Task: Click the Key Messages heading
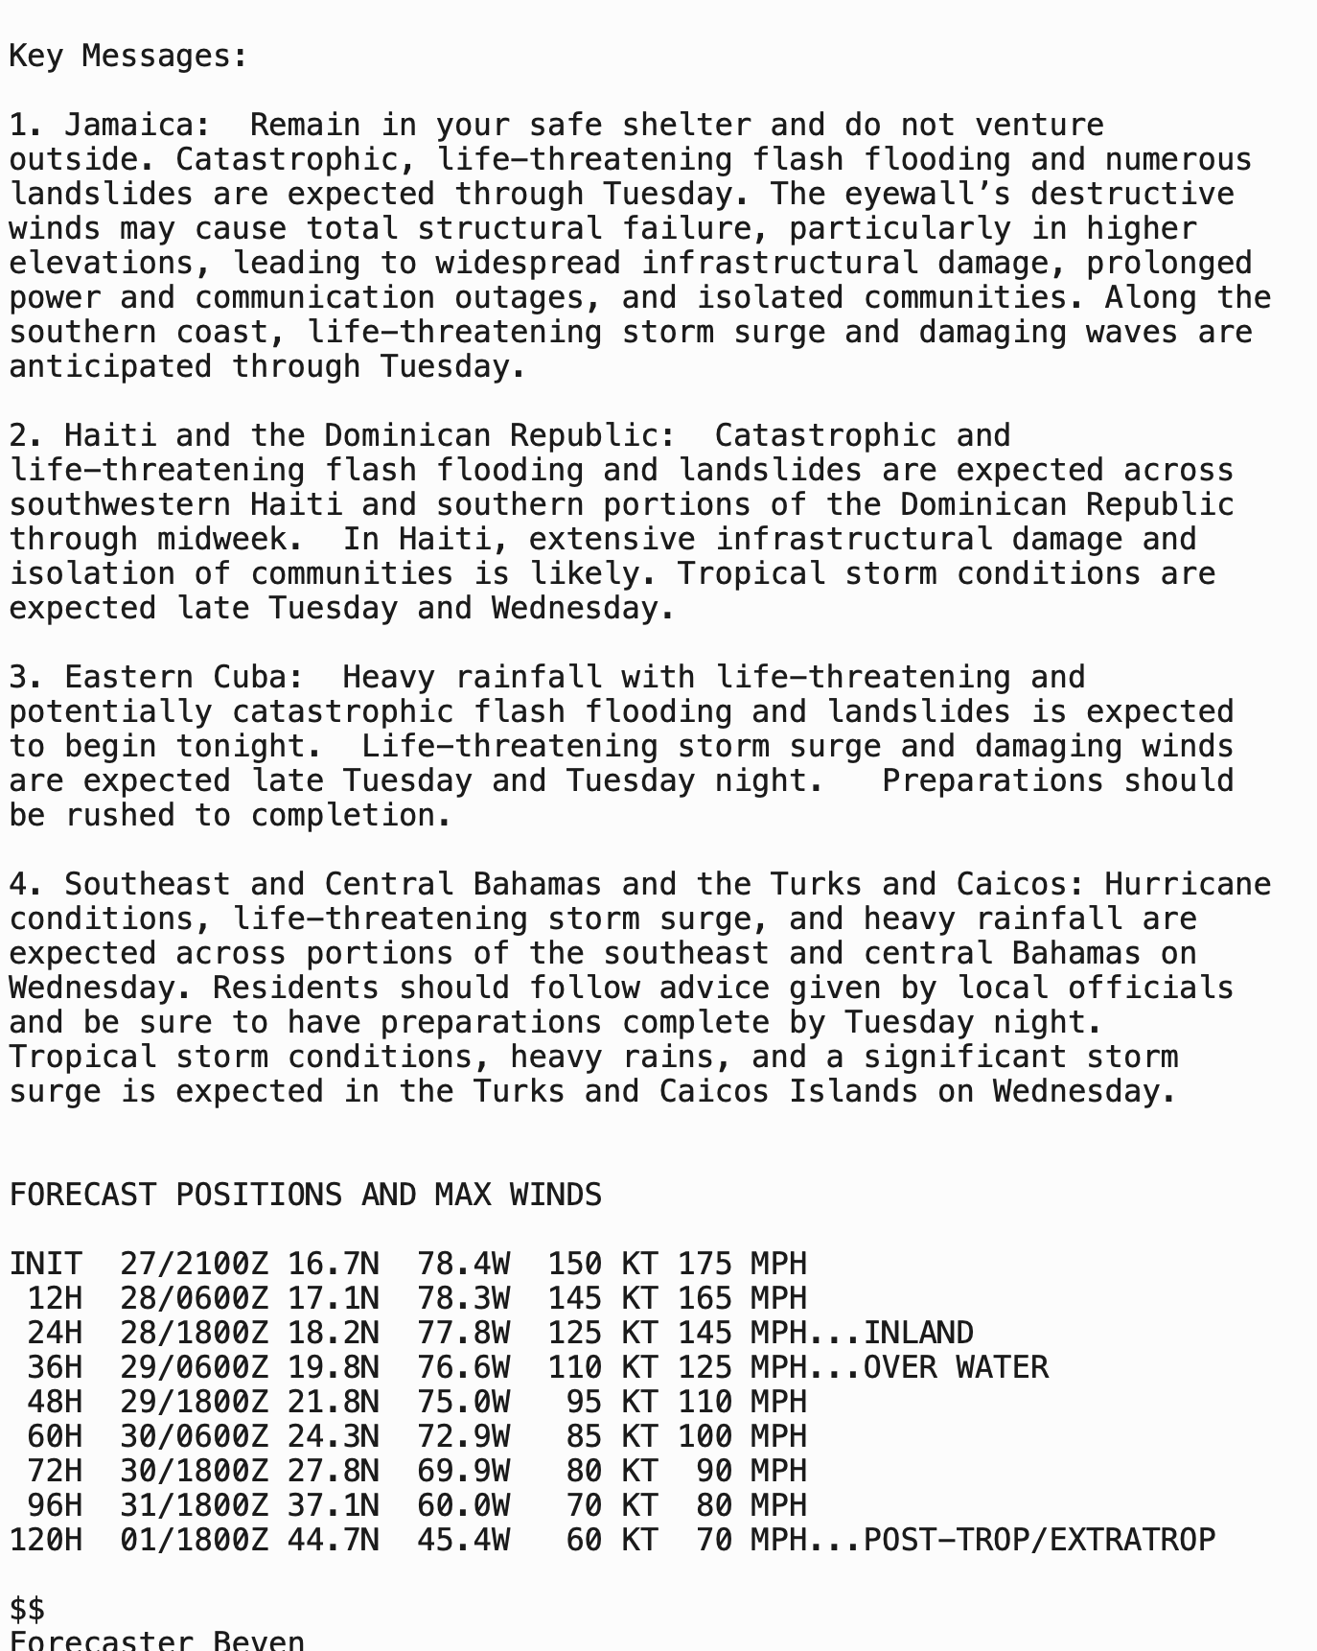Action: pos(128,57)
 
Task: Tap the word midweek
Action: pos(222,540)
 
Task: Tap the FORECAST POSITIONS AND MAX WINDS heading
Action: pos(306,1196)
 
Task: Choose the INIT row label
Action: pos(46,1265)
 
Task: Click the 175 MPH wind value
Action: pos(742,1265)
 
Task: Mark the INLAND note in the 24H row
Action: pos(917,1334)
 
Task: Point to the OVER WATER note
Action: pos(955,1368)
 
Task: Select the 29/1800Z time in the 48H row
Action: pos(195,1403)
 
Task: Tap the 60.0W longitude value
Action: pos(463,1506)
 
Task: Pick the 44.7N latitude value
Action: pos(333,1541)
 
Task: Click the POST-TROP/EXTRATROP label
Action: pos(1038,1541)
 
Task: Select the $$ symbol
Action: pos(28,1610)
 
